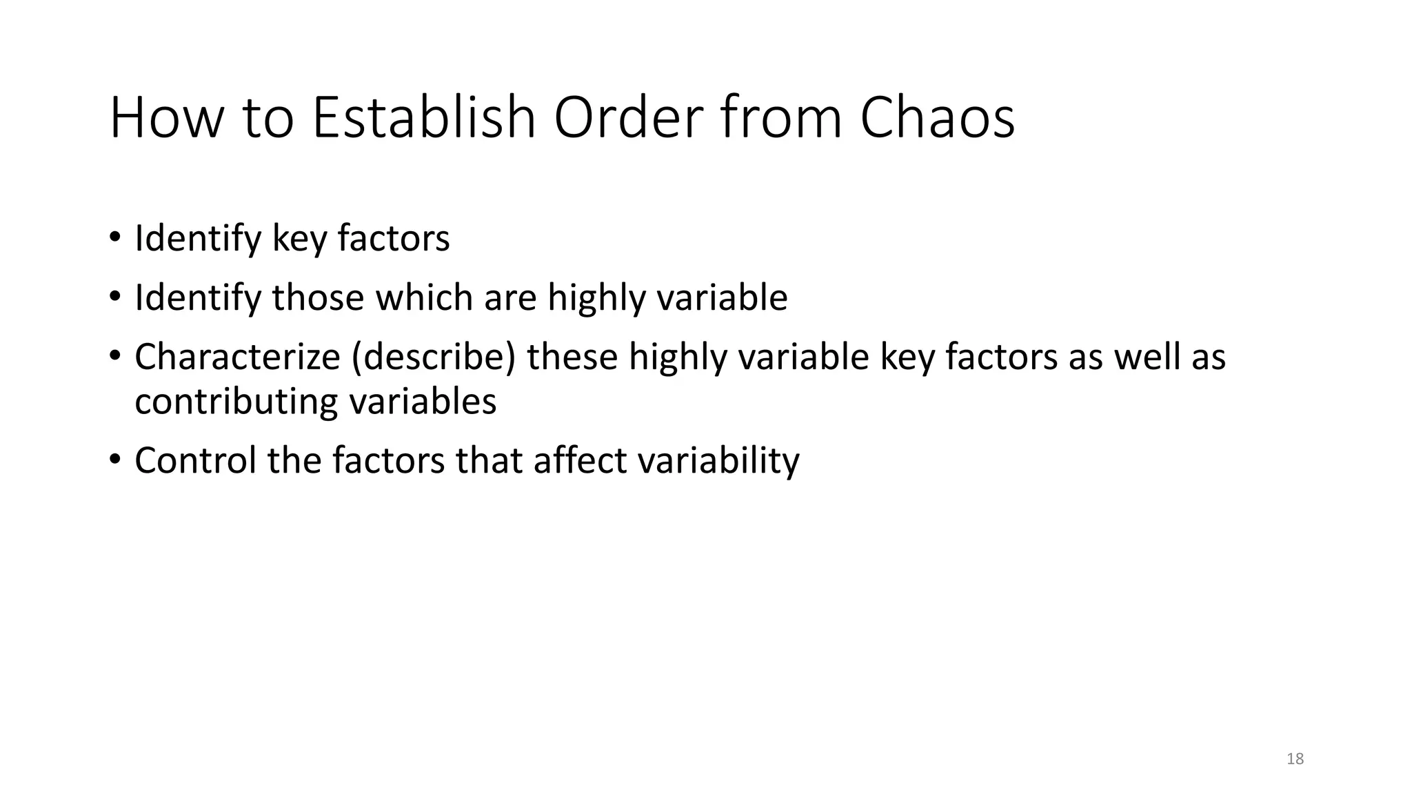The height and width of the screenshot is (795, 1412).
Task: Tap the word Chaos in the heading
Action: coord(937,118)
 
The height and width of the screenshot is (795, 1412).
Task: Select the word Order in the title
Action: coord(629,118)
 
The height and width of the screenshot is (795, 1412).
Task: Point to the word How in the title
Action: coord(166,118)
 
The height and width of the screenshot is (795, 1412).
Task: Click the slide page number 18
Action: coord(1295,759)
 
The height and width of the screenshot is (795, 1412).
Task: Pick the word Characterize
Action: coord(237,357)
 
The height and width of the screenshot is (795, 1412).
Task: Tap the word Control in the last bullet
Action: coord(195,460)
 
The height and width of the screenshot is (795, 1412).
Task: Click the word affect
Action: coord(580,460)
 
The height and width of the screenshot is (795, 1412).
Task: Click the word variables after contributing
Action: coord(423,402)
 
